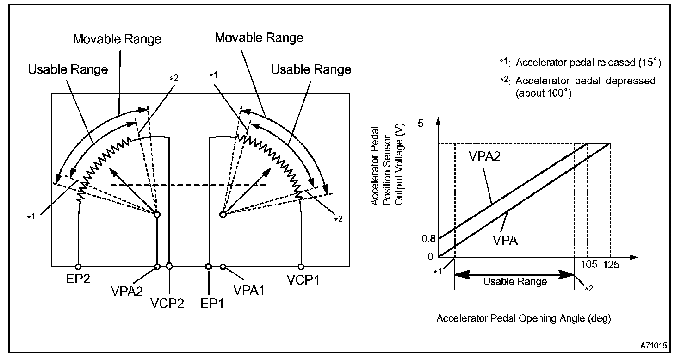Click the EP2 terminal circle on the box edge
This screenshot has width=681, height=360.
[78, 267]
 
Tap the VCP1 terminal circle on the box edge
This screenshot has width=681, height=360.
[301, 267]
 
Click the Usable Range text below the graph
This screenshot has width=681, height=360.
[515, 281]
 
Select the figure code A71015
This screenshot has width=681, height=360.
[653, 346]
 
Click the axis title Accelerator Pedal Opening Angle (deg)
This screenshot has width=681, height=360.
[523, 318]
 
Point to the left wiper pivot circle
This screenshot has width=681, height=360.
[157, 215]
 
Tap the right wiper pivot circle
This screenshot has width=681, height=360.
[223, 215]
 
